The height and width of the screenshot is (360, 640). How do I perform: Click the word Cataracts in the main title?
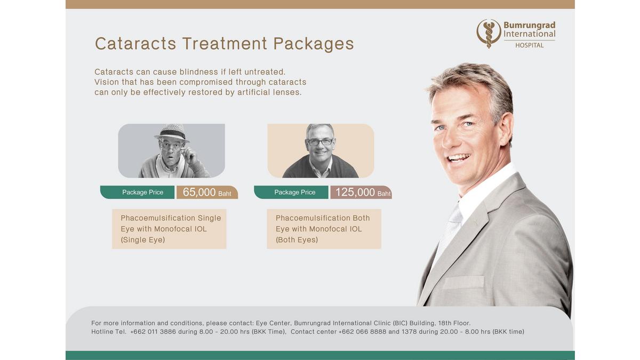(x=135, y=43)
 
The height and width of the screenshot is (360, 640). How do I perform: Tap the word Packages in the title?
(x=314, y=44)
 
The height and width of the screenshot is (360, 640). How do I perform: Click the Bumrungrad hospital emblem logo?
(x=489, y=34)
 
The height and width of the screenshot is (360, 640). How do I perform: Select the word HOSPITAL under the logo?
(x=530, y=45)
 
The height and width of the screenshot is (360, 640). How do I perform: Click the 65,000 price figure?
(x=199, y=192)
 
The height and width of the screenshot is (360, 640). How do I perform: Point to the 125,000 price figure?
(x=355, y=192)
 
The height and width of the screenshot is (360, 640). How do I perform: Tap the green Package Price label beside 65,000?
(x=137, y=192)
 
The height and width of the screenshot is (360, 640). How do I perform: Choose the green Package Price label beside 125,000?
(x=291, y=192)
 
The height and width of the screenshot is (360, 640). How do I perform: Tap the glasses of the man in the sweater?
(x=319, y=142)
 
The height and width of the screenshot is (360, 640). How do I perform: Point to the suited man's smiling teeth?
(x=458, y=157)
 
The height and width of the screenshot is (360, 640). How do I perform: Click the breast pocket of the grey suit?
(x=463, y=282)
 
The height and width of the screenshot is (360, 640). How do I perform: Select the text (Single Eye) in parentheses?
(x=143, y=239)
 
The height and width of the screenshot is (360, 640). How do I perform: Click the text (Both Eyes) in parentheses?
(x=297, y=239)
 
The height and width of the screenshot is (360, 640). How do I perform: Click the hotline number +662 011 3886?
(x=153, y=332)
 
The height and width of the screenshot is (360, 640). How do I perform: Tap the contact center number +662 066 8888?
(x=362, y=332)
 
